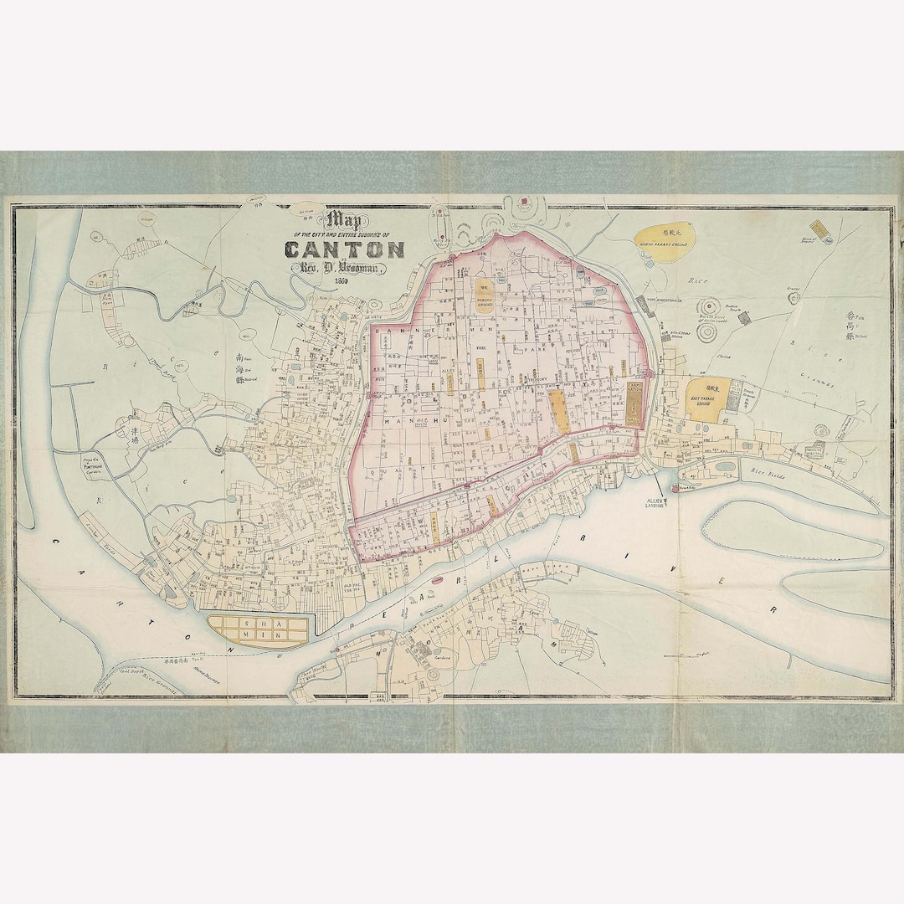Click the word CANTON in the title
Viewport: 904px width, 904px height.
point(345,249)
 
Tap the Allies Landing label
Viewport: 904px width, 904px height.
point(654,504)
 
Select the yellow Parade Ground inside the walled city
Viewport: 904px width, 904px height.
point(484,294)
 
